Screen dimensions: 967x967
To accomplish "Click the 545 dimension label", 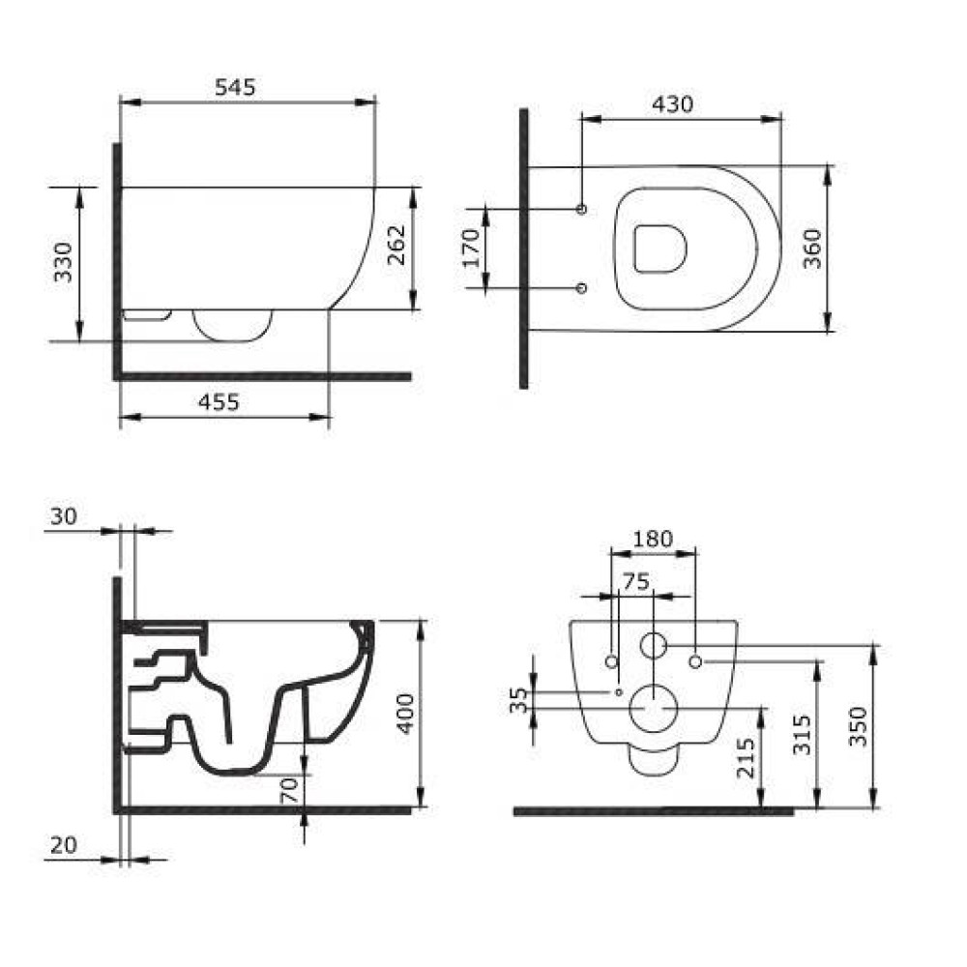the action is pos(235,87).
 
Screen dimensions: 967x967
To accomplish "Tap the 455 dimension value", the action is pos(219,402).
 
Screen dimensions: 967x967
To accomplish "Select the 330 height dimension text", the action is pos(63,262).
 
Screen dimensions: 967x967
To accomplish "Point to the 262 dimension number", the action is pos(396,245).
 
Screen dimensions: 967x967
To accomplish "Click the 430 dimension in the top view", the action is pos(673,104).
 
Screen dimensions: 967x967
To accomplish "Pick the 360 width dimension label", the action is pos(813,249).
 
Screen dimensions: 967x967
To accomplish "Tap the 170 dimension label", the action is pos(471,248).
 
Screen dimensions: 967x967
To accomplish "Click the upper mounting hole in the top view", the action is pos(581,209).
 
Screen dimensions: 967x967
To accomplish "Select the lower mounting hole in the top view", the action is pos(581,288).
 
